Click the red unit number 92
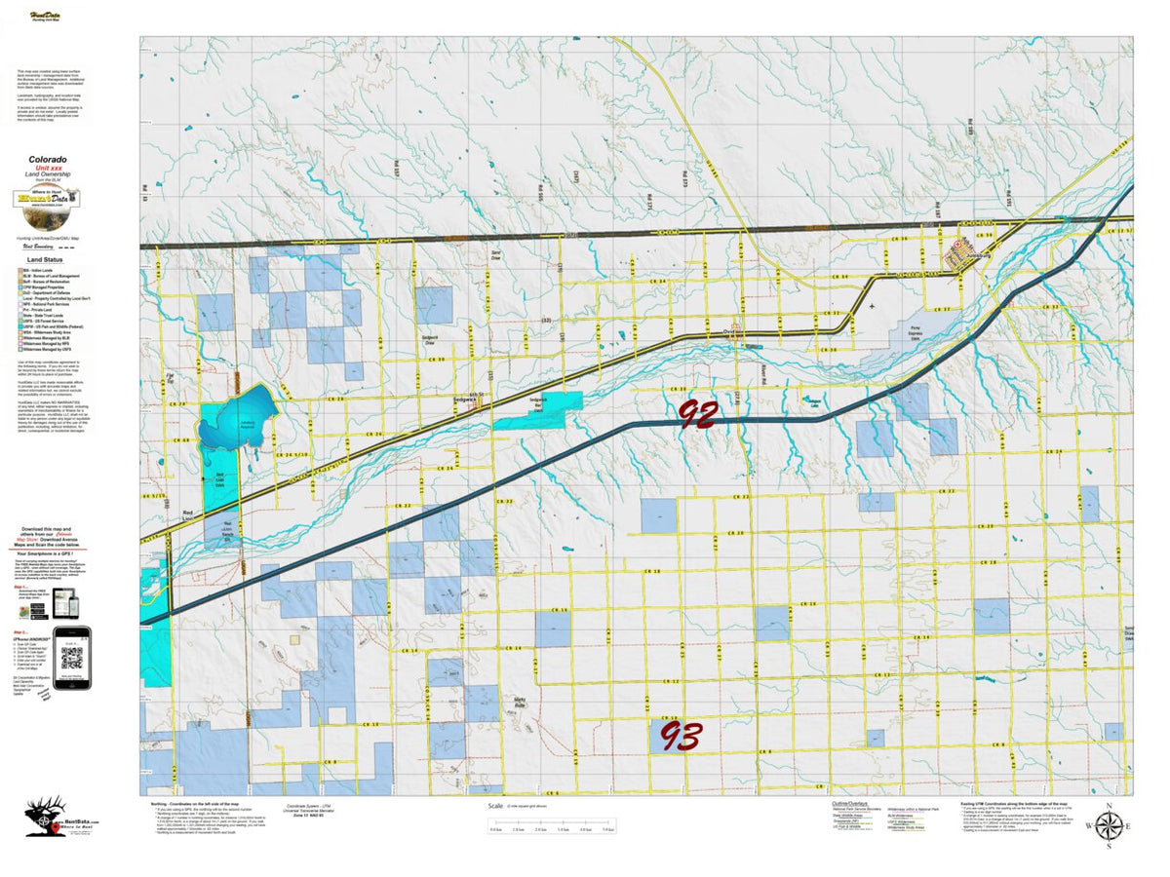tap(698, 414)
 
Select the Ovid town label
tap(728, 329)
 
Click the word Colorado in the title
tap(48, 159)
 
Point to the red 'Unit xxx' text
tap(48, 168)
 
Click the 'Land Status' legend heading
tap(48, 260)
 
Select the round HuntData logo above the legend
tap(47, 199)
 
